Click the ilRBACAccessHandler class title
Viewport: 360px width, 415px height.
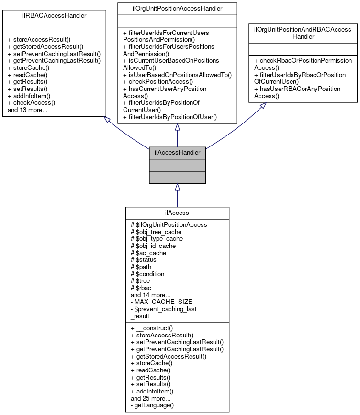(x=54, y=16)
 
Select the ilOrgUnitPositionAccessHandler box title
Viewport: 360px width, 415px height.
(x=177, y=8)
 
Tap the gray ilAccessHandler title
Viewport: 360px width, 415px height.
(x=177, y=153)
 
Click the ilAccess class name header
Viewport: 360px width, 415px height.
(x=177, y=213)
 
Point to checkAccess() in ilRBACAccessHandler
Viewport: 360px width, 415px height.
(x=32, y=102)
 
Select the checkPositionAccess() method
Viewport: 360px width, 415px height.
(x=158, y=82)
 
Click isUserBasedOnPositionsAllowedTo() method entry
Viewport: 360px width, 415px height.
(x=177, y=75)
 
